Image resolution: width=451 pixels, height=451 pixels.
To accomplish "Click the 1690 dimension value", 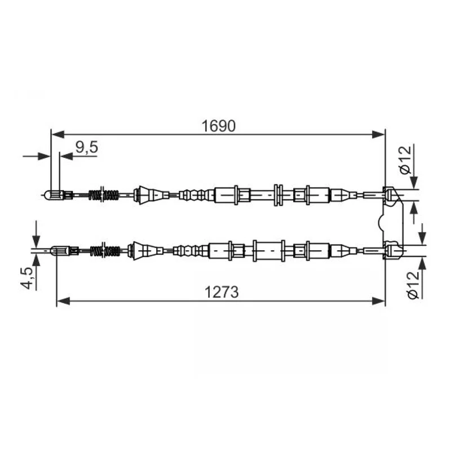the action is tap(218, 126).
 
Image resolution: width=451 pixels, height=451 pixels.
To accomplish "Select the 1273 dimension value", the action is tap(222, 292).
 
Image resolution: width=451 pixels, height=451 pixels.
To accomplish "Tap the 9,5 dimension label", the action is tap(87, 147).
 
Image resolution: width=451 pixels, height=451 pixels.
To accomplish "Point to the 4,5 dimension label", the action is tap(26, 278).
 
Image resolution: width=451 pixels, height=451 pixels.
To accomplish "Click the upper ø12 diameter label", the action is tap(405, 160).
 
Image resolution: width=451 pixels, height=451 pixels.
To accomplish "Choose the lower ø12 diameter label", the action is tap(414, 285).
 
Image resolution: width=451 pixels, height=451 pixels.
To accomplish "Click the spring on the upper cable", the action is tap(104, 195).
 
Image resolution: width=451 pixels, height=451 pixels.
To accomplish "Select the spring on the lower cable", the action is tap(105, 250).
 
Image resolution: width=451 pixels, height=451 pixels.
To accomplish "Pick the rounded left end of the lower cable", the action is tap(55, 251).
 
